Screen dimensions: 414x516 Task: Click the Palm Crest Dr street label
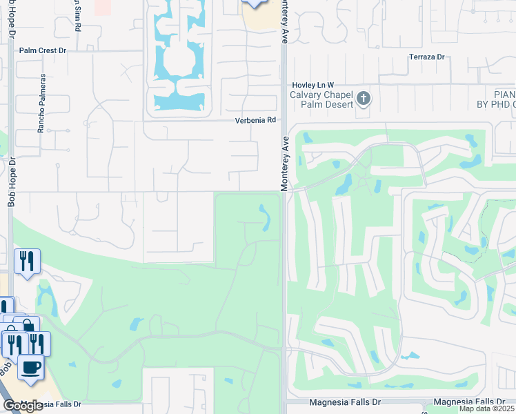(42, 50)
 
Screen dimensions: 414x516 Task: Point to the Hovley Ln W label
(312, 84)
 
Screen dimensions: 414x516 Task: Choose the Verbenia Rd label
(255, 119)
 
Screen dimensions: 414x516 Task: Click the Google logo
(23, 406)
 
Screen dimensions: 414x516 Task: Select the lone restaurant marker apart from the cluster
(27, 261)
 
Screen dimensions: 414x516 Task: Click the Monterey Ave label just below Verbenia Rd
(283, 164)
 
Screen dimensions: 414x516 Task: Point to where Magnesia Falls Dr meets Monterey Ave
(284, 402)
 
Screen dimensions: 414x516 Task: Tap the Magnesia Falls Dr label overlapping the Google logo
(52, 404)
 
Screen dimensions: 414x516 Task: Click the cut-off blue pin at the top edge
(255, 3)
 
